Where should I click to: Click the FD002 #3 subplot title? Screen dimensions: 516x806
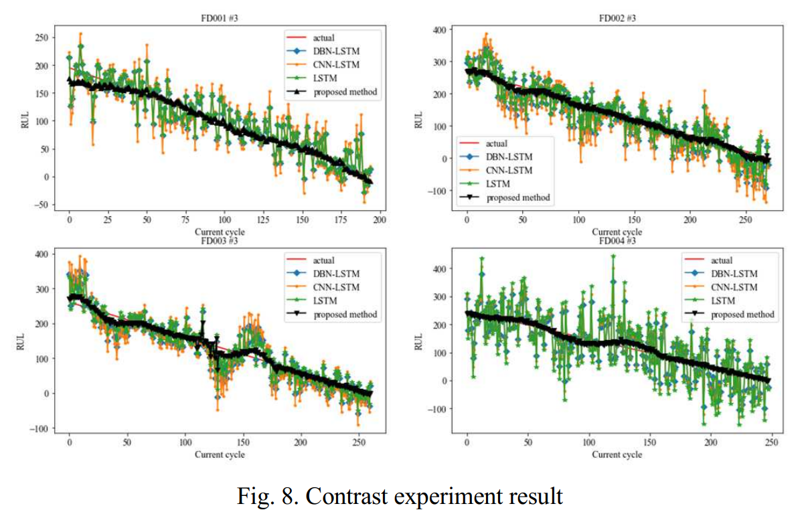click(x=617, y=18)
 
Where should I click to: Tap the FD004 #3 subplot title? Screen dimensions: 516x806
click(x=617, y=239)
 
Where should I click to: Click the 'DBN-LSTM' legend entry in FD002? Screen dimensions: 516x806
click(x=509, y=157)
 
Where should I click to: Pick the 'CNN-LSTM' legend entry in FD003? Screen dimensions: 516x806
click(x=337, y=287)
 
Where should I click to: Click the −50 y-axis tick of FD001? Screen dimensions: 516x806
click(x=39, y=205)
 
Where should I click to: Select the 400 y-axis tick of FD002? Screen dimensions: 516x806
click(x=438, y=30)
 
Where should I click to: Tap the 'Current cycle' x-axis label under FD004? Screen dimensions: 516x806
click(x=617, y=455)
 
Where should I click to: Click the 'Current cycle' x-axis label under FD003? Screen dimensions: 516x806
click(x=220, y=455)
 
